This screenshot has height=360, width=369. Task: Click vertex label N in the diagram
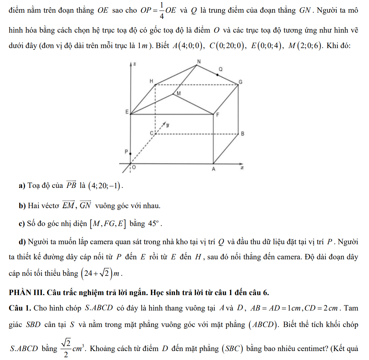tap(198, 61)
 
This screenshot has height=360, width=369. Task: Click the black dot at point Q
tap(218, 75)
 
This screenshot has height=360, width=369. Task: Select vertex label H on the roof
tap(150, 81)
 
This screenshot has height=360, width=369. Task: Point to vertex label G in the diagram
tap(241, 82)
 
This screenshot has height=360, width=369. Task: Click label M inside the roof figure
tap(178, 93)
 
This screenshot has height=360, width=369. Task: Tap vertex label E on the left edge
tap(126, 112)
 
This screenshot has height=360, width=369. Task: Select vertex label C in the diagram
tap(151, 133)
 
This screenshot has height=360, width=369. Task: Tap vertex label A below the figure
tap(213, 169)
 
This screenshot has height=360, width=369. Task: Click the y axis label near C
tap(168, 125)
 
